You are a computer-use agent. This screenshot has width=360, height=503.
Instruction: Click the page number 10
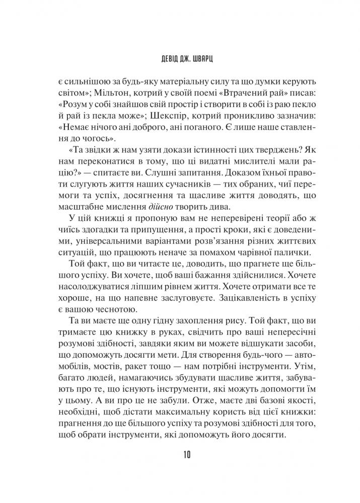pos(180,456)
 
